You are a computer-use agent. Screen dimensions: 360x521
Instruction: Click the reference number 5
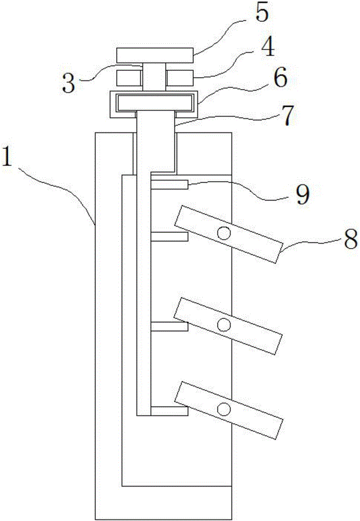262,14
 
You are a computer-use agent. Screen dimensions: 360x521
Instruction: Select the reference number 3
69,82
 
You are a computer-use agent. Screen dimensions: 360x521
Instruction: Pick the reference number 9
303,194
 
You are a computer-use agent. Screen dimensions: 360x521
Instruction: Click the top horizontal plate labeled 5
155,55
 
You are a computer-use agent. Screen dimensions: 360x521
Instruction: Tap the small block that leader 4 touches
180,79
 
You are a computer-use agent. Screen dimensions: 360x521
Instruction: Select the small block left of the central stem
129,79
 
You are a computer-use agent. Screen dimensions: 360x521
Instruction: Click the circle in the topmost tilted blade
224,233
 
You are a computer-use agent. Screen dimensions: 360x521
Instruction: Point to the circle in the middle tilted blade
224,324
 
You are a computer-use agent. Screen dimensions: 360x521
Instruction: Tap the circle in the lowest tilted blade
224,409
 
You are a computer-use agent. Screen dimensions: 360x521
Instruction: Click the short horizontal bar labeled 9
169,184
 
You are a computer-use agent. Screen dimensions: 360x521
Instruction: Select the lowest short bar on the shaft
169,411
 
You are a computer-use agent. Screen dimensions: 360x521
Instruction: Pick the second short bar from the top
169,237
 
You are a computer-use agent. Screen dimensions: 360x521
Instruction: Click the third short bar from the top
169,326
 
